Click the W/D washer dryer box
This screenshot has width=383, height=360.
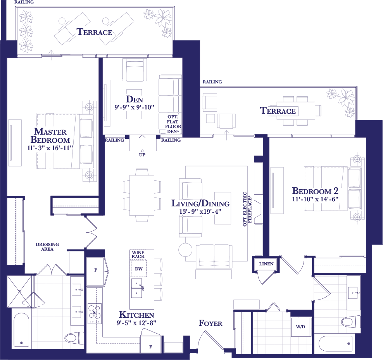coord(301,327)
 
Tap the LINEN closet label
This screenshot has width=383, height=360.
coord(266,264)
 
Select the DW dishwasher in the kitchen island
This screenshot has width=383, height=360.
coord(138,268)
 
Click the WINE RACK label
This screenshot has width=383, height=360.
coord(138,254)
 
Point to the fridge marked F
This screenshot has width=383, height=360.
coord(150,344)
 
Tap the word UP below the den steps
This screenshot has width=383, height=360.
coord(142,155)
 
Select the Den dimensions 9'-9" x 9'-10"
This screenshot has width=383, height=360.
coord(135,107)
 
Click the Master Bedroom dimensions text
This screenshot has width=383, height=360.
coord(50,148)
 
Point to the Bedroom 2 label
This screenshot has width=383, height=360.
coord(315,190)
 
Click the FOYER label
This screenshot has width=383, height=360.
coord(210,323)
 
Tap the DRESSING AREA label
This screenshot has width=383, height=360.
coord(47,247)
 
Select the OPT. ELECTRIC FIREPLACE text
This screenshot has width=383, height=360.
coord(247,209)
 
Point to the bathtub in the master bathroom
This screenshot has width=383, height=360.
coord(21,330)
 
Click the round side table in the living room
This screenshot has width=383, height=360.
coord(185,250)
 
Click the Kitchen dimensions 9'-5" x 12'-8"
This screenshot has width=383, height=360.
coord(136,323)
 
